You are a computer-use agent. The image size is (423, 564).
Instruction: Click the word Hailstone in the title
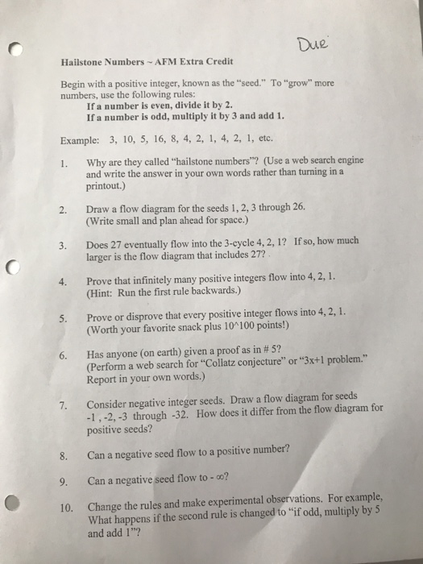(x=82, y=62)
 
